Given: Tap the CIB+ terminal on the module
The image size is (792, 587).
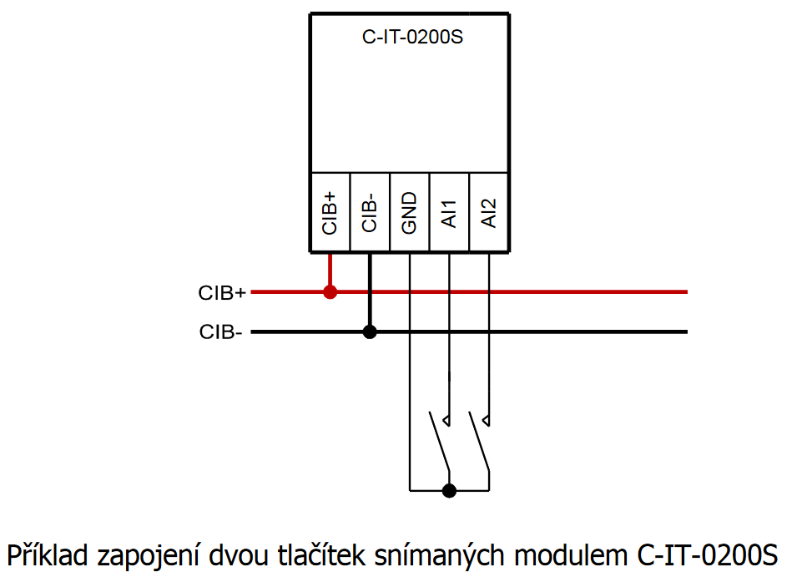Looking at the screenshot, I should [330, 212].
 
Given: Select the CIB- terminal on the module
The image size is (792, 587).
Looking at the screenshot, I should [370, 212].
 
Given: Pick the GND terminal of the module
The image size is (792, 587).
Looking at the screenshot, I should [409, 212].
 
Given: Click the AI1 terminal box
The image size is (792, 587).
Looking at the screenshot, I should [449, 212].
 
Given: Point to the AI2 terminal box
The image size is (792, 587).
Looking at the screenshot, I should [489, 212].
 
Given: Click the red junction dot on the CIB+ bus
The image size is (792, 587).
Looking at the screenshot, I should [330, 292].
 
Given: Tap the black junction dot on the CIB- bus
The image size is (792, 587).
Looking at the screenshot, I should [370, 331].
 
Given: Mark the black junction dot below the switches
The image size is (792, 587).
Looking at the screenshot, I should [449, 490].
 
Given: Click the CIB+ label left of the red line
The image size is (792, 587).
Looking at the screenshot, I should [222, 293].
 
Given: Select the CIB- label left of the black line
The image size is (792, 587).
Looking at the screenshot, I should [221, 332].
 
